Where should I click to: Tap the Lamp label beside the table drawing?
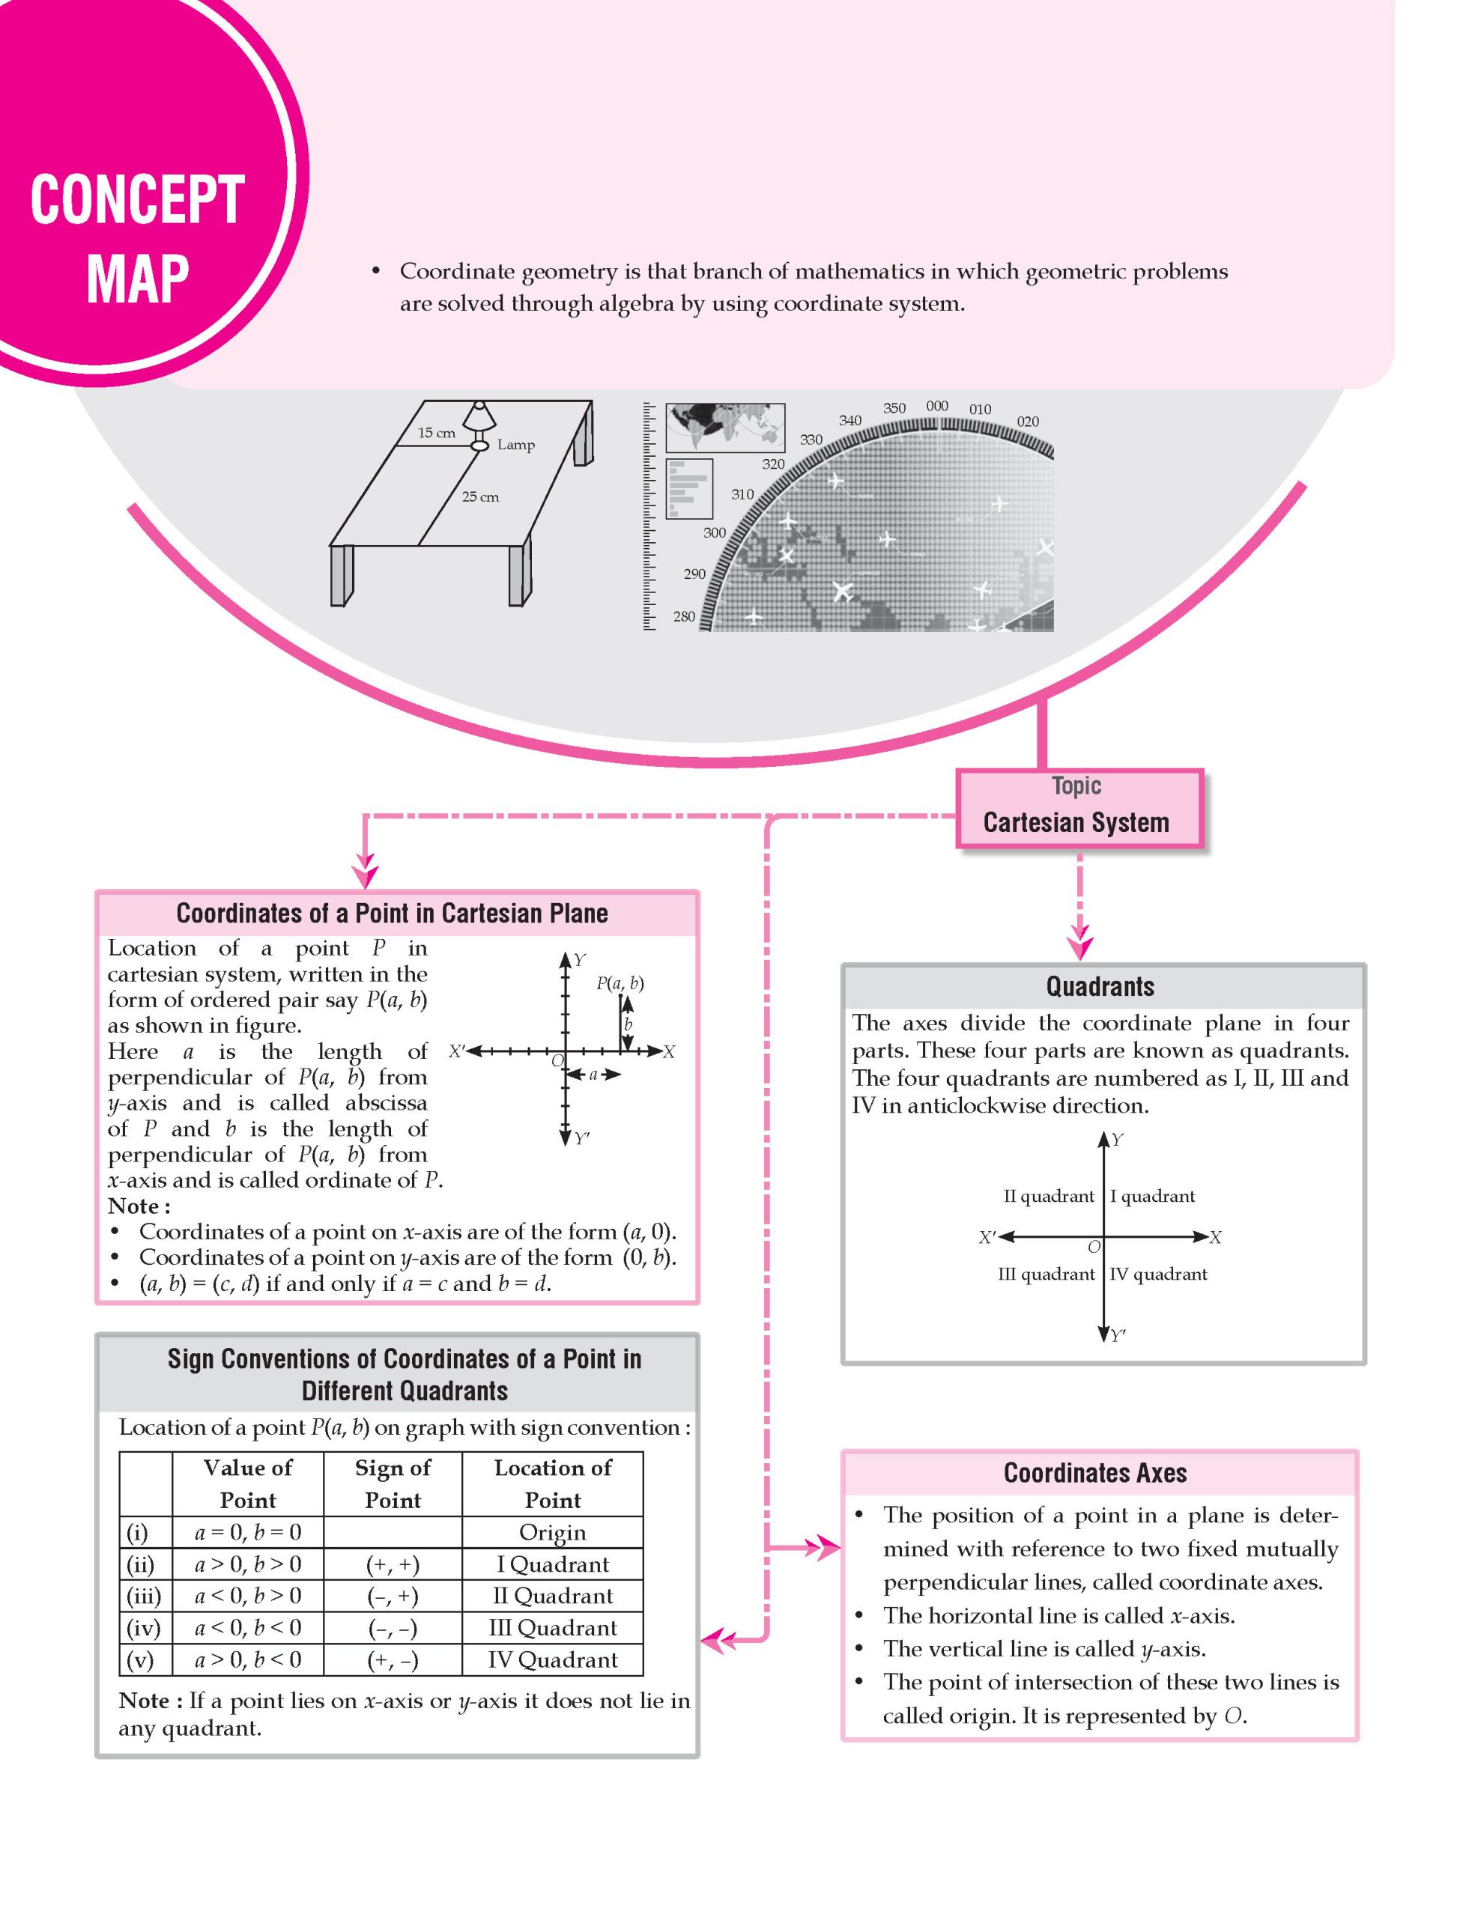[515, 445]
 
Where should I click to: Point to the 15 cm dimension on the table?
[436, 433]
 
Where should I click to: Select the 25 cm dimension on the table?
[480, 496]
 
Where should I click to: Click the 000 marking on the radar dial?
[936, 407]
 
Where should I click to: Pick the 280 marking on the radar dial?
[684, 616]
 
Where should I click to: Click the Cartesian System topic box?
[1077, 809]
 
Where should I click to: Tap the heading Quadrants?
[1100, 987]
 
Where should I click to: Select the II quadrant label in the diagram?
[1048, 1197]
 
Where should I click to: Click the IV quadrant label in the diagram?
[1158, 1274]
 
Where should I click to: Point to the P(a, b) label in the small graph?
[620, 983]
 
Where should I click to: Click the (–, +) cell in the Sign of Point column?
[393, 1596]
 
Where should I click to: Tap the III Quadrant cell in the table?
[552, 1627]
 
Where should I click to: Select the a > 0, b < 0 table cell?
[247, 1660]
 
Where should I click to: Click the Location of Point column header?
[552, 1483]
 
